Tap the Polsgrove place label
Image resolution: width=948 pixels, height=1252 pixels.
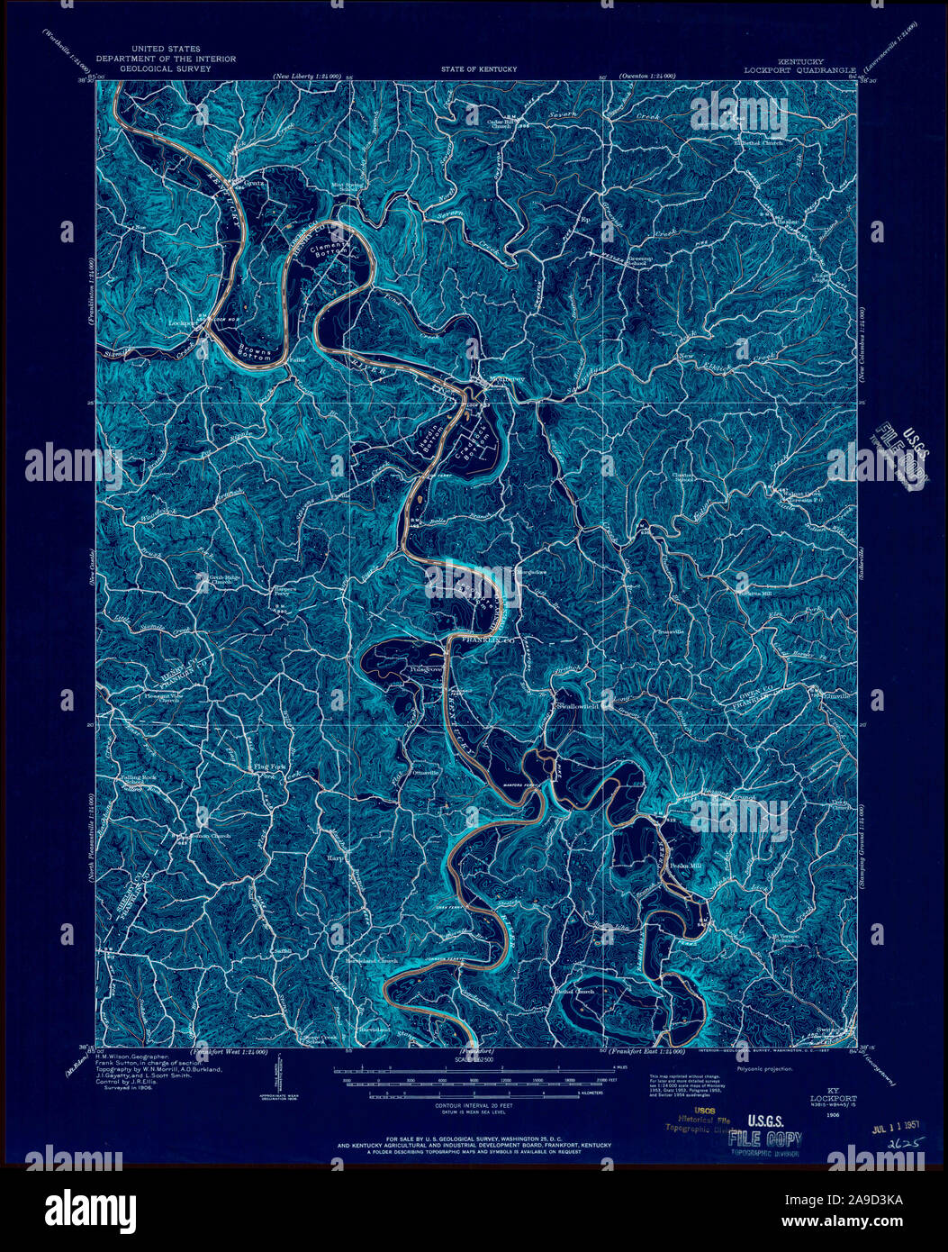[399, 670]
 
